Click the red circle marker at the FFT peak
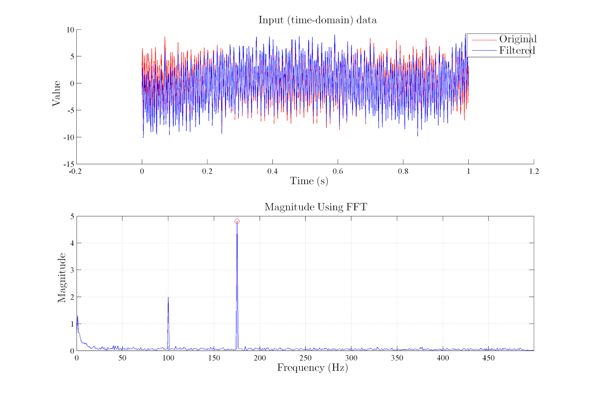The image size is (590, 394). [237, 221]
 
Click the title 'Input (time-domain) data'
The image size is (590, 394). [317, 20]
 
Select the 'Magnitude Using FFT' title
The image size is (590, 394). [316, 207]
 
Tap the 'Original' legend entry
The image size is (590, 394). [517, 39]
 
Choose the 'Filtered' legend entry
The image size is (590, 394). [517, 51]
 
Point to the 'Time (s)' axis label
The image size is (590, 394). [309, 181]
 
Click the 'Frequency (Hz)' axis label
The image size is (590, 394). [312, 367]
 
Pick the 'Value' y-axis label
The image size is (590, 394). [56, 93]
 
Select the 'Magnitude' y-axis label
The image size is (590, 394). [62, 278]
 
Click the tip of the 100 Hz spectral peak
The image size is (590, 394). [168, 297]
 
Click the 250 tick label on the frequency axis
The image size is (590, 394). [305, 358]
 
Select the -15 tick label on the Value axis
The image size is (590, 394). [69, 164]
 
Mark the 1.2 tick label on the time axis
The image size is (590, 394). [534, 171]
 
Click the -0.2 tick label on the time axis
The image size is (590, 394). [75, 171]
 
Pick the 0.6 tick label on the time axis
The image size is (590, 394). [338, 171]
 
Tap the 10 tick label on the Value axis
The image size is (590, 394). [70, 30]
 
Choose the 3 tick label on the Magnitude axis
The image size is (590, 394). [72, 270]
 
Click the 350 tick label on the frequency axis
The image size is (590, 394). [397, 358]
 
